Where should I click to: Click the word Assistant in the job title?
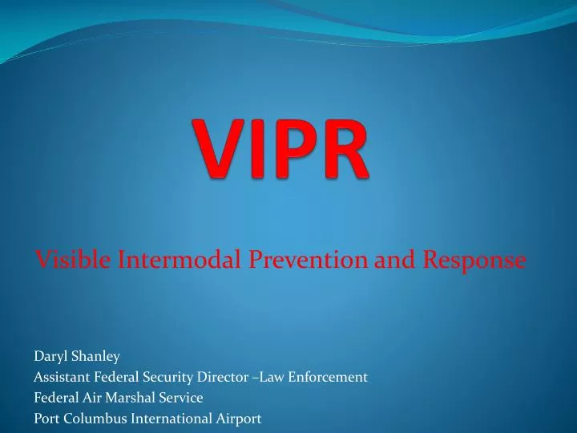[x=62, y=375]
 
